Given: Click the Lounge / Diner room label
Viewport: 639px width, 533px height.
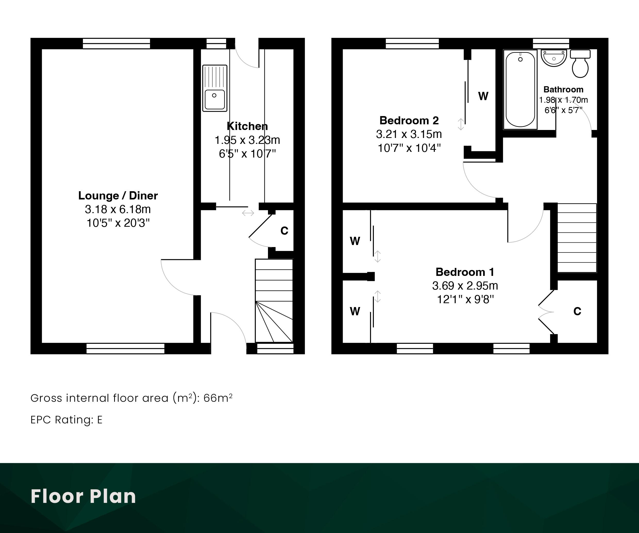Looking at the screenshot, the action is tap(118, 196).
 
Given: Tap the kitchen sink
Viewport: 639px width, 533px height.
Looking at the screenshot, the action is tap(215, 88).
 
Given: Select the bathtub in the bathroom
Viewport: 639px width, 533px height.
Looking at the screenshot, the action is tap(520, 89).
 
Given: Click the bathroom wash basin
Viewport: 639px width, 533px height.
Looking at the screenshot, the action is tap(553, 58).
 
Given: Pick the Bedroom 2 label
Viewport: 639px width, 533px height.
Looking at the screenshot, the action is tap(409, 121).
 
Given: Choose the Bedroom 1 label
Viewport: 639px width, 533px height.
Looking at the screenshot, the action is tap(465, 272).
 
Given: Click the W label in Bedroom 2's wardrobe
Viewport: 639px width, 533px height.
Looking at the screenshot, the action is tap(483, 96).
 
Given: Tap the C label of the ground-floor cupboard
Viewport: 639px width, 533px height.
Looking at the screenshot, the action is tap(284, 231).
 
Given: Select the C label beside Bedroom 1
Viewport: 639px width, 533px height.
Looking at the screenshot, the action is tap(577, 311).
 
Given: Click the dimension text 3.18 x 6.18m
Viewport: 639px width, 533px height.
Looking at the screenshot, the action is tap(118, 209).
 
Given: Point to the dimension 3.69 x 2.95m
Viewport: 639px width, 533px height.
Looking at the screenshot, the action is tap(465, 286).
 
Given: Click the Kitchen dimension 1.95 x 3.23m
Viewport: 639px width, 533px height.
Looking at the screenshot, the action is tap(247, 140).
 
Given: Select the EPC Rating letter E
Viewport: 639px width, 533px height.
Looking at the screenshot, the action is tap(99, 420).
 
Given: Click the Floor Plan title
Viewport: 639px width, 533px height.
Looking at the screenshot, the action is tap(83, 496).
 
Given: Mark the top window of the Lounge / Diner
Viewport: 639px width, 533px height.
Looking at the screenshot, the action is tap(116, 43).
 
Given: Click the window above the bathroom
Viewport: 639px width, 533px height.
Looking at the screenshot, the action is tap(551, 43).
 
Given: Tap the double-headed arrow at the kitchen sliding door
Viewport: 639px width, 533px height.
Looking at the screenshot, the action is tap(248, 213).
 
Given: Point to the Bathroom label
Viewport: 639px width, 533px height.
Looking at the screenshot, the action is tap(563, 89).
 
